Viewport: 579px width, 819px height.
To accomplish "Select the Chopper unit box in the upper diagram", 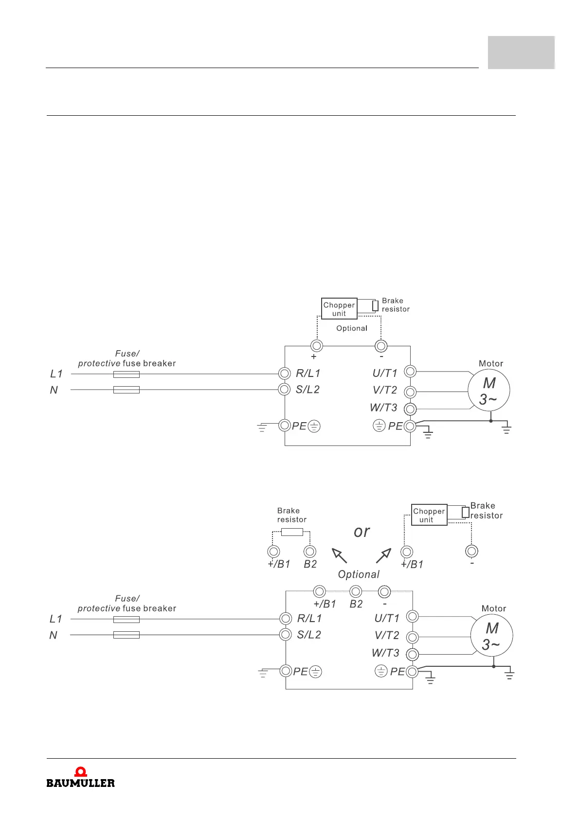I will click(x=339, y=309).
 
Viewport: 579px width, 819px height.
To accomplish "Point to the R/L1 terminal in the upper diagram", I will click(x=285, y=374).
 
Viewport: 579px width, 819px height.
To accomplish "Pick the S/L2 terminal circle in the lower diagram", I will click(x=286, y=635).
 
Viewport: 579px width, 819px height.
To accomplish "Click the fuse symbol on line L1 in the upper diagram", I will click(x=127, y=374).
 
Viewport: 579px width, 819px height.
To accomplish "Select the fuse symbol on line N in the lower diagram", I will click(x=127, y=635).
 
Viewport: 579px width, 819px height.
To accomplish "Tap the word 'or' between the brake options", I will click(x=362, y=532).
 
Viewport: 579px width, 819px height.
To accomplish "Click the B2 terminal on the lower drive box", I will click(x=356, y=591).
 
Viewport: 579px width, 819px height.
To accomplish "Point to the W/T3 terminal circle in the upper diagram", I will click(x=410, y=409).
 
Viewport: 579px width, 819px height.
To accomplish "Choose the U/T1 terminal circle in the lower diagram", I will click(x=412, y=617).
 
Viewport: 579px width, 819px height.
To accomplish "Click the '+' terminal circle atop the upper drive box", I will click(x=317, y=346).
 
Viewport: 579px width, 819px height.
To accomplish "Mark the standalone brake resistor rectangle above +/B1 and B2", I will click(x=292, y=532).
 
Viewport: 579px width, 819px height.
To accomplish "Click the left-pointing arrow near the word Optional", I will click(x=339, y=555).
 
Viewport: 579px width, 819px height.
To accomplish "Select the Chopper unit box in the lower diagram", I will click(x=429, y=515).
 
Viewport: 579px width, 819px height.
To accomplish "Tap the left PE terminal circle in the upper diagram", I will click(x=285, y=426).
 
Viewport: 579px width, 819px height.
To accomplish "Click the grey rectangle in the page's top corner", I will click(x=521, y=52).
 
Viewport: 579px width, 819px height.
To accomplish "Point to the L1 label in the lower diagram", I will click(x=56, y=619).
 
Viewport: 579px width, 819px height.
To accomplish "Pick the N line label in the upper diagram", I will click(x=54, y=390).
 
